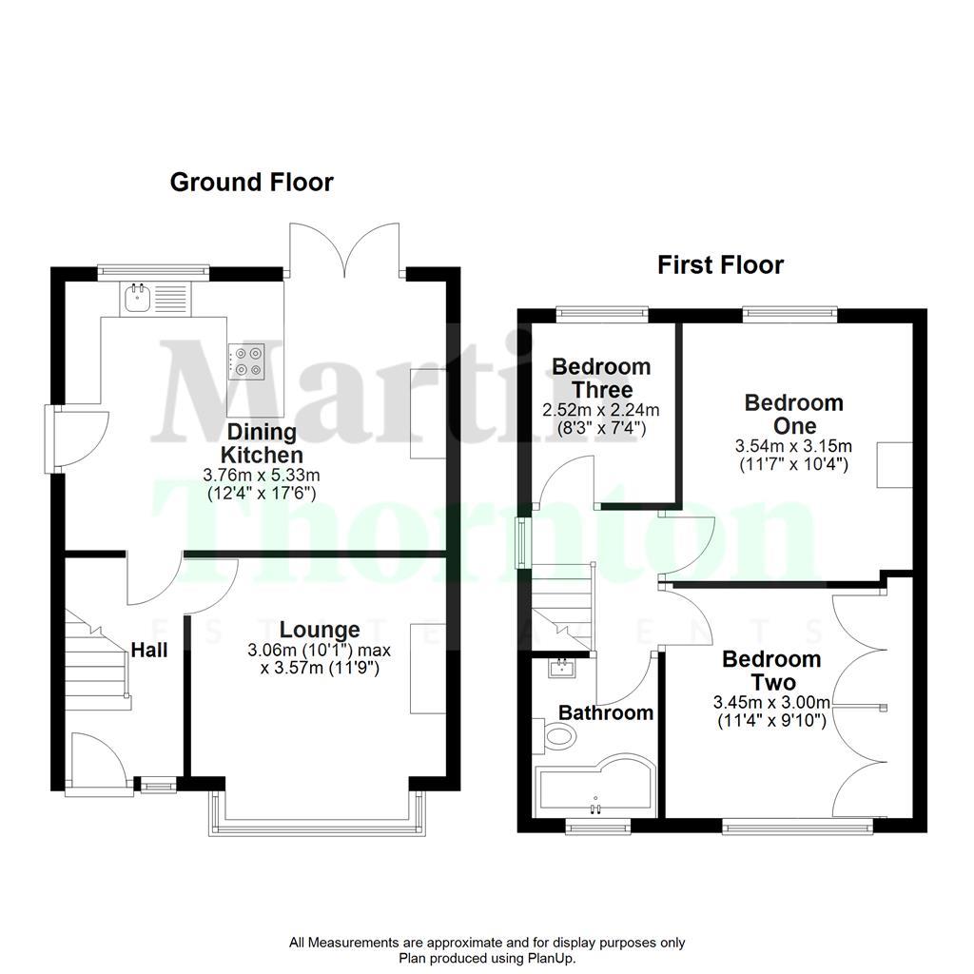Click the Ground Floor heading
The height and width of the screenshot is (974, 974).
point(252,182)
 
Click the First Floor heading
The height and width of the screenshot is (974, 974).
point(720,264)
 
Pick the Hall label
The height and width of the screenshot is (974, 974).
point(149,650)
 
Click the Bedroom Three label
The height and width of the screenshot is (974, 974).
point(601,378)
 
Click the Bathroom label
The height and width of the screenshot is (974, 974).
point(605,711)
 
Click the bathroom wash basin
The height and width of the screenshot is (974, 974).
point(563,667)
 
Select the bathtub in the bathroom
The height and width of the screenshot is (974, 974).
point(594,787)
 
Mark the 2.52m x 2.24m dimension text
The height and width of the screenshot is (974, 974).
point(601,410)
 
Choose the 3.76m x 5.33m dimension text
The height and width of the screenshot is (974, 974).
point(262,475)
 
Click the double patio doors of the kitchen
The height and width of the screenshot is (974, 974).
point(344,250)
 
